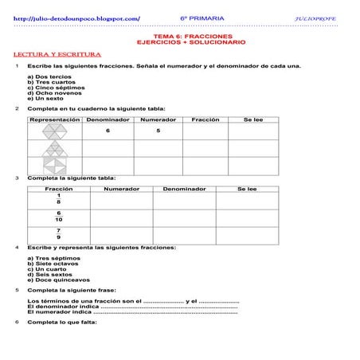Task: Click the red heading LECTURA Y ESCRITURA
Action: click(x=50, y=53)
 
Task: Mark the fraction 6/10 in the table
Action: click(x=58, y=216)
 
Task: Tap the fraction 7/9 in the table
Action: click(x=58, y=233)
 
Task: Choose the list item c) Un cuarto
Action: click(x=45, y=269)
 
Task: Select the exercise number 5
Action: click(x=17, y=291)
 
